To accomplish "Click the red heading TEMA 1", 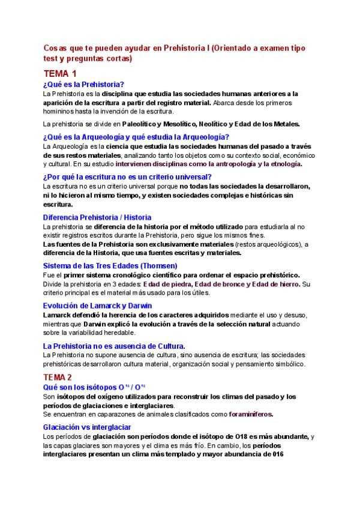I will pos(60,74).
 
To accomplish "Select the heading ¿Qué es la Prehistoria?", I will pos(83,85).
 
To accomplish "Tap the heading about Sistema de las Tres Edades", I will pos(110,265).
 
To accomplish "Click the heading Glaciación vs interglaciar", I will pos(87,426).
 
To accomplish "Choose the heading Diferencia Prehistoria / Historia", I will pos(97,217).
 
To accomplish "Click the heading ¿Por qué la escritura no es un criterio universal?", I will pos(127,176).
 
